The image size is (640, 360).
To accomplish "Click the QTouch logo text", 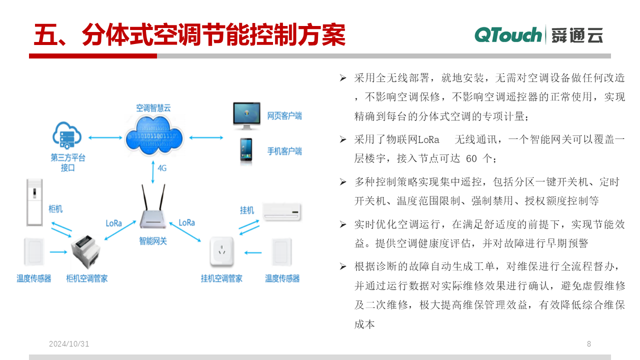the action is point(508,35).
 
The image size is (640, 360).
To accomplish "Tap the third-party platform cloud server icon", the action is point(67,135).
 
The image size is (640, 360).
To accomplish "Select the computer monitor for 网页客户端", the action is point(246,115).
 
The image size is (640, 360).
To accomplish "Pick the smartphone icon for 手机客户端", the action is point(246,151).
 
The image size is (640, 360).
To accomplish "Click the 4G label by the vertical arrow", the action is point(162,168).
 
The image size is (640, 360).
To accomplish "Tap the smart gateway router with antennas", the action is point(153,206).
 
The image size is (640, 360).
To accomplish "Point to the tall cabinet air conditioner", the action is point(34,202).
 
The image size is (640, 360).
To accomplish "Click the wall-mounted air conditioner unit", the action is point(281,212).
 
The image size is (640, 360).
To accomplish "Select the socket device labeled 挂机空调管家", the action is point(221,252).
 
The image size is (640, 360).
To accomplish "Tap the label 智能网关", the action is point(153,241).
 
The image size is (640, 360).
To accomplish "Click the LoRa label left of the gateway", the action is point(113,223).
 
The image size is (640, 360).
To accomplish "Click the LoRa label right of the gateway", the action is point(187,222).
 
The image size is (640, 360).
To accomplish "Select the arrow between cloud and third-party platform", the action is point(105,137).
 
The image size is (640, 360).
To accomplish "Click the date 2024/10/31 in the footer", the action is point(69,343).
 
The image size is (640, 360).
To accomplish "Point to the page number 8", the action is point(589,343).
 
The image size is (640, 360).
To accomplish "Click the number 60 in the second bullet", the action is point(471,158).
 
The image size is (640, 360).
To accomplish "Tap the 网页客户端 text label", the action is point(284,116).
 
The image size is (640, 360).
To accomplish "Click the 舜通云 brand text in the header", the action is point(577,35).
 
